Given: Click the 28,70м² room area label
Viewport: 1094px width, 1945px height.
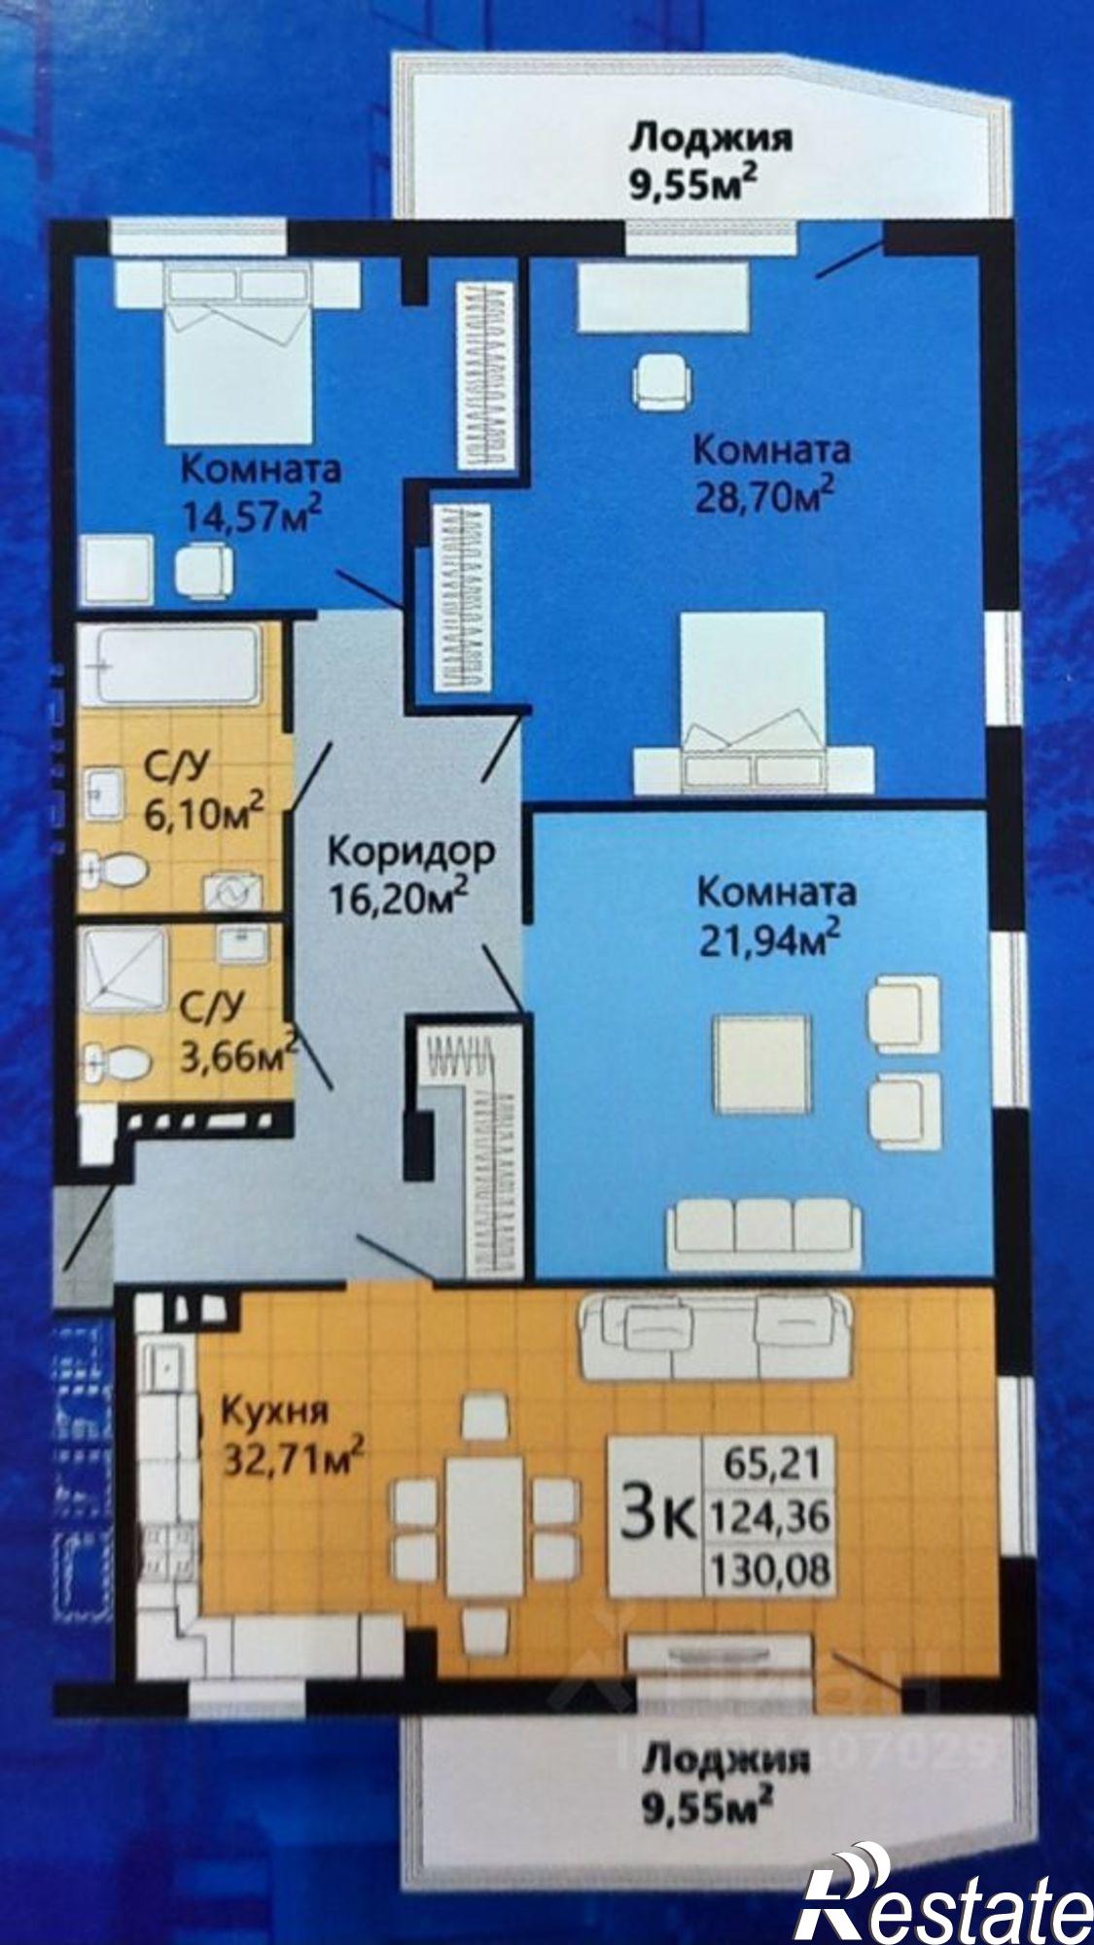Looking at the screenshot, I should tap(764, 495).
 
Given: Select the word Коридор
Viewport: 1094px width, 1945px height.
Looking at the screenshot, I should tap(410, 851).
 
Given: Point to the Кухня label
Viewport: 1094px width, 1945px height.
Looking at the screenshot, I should tap(275, 1410).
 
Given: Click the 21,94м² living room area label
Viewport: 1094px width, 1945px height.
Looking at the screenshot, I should tap(769, 939).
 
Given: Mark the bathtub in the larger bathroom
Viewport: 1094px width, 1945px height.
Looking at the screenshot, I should tap(169, 663).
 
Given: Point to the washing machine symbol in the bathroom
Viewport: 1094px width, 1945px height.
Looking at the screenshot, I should tap(231, 890).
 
